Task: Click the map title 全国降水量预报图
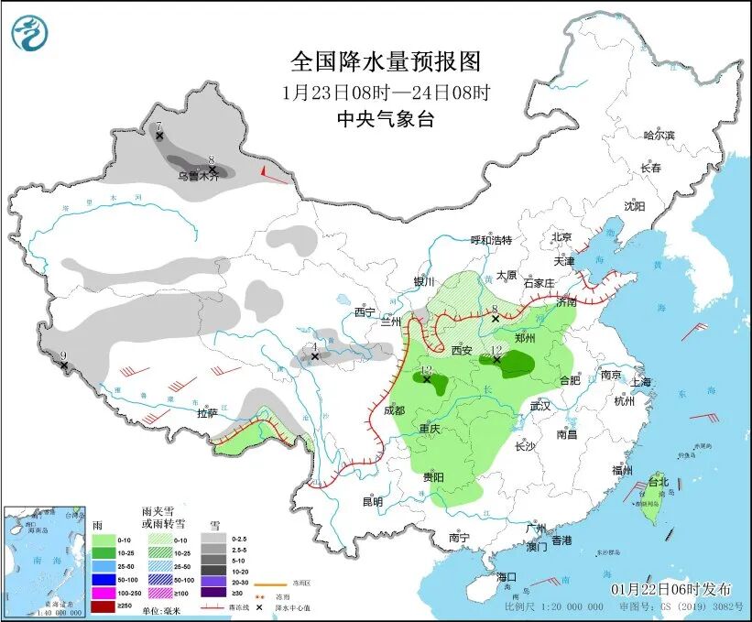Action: point(385,61)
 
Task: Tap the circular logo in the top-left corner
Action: point(28,34)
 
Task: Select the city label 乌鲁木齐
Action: point(198,176)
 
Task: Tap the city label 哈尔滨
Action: point(658,135)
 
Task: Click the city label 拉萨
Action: point(206,413)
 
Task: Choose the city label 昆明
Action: point(372,501)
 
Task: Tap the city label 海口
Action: point(507,577)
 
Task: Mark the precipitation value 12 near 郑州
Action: point(496,350)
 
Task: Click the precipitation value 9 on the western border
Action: point(63,355)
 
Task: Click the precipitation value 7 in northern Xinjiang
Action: point(158,125)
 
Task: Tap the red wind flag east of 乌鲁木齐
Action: point(264,171)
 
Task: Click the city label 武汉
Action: point(539,406)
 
